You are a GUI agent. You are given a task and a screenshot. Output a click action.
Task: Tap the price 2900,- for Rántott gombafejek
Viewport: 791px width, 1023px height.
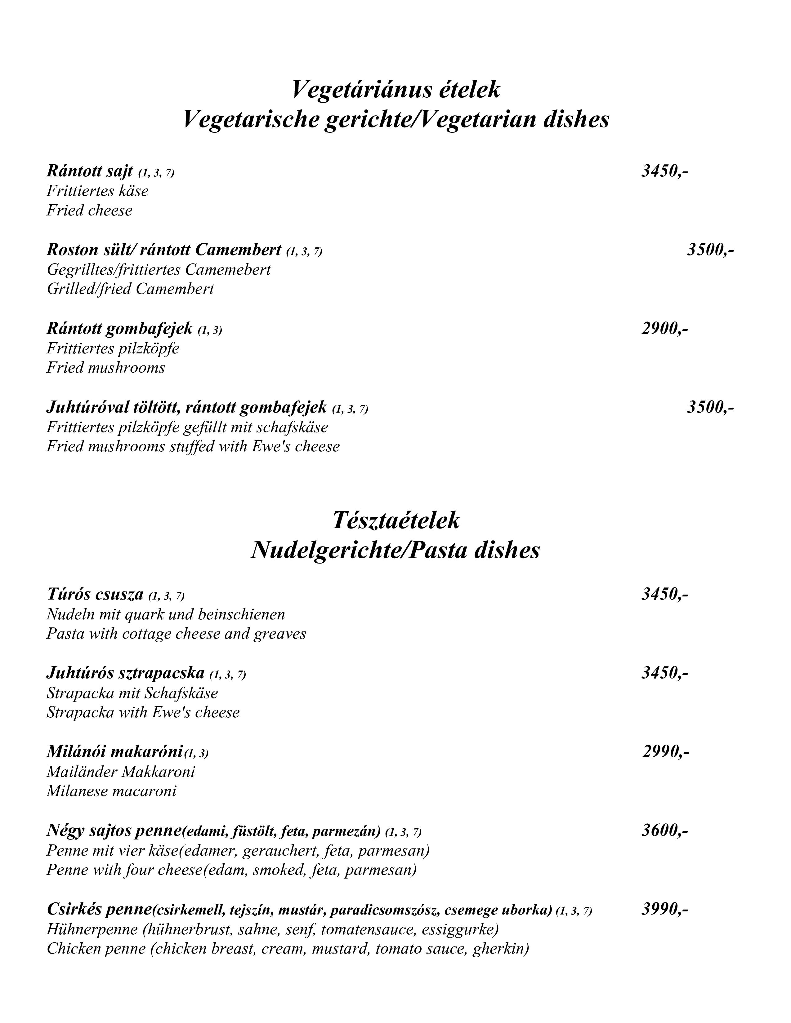pos(664,329)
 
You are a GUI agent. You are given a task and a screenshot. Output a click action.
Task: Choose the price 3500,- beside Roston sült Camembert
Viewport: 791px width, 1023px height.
pos(710,250)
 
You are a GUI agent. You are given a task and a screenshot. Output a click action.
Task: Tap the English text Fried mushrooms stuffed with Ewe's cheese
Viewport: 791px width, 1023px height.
pos(193,446)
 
